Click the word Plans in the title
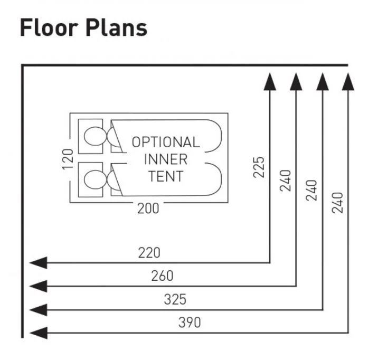coord(117,28)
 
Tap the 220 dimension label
coord(149,253)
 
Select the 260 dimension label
coord(162,276)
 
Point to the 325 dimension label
coord(175,299)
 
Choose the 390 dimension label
coord(189,322)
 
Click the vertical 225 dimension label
coord(259,167)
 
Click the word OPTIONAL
coord(166,142)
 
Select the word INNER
coord(166,159)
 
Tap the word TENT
coord(166,176)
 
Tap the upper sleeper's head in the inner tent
coord(95,136)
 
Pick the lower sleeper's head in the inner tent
coord(95,179)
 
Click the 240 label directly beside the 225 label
coord(286,181)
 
